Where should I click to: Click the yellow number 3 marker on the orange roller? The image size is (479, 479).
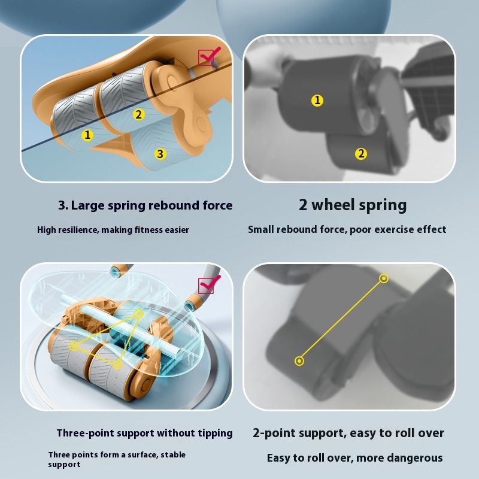pos(160,154)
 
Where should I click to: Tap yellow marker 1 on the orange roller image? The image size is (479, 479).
pos(87,135)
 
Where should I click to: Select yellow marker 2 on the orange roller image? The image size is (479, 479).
pos(139,114)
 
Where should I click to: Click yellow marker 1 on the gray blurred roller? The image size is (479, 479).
pos(317,100)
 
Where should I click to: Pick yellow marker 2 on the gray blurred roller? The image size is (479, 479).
pos(361,154)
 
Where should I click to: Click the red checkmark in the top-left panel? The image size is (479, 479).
pos(210,56)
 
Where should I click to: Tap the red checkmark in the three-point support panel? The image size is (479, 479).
pos(210,284)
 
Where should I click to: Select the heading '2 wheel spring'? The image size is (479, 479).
pos(353,205)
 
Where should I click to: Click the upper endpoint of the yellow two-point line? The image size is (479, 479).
pos(384,278)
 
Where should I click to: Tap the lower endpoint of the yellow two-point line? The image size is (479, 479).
pos(299,361)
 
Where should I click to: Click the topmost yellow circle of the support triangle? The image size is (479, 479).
pos(139,313)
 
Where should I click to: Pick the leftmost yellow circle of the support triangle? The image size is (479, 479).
pos(73,346)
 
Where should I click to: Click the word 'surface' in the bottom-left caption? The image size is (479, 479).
pos(141,455)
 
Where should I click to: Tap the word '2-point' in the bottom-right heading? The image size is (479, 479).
pos(269,433)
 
